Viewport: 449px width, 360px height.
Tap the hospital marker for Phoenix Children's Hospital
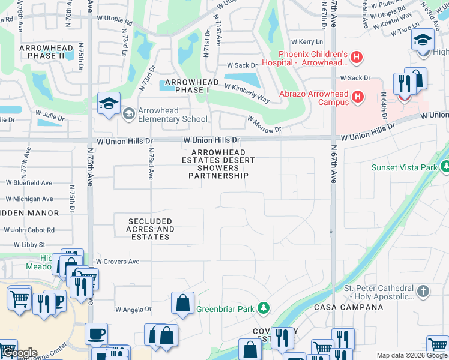point(357,58)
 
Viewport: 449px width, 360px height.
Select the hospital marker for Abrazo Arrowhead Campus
point(358,96)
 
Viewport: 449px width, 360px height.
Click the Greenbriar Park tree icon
point(262,308)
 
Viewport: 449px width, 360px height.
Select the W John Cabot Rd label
point(29,230)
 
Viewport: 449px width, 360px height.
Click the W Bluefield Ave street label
point(29,183)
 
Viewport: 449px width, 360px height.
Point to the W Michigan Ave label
point(29,199)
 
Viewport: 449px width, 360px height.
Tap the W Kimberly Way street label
point(247,91)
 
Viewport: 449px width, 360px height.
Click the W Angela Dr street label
point(133,310)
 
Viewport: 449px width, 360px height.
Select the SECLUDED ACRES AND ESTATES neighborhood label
point(150,229)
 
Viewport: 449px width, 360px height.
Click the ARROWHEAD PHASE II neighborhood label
point(41,52)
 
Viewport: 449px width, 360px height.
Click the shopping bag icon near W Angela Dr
point(182,304)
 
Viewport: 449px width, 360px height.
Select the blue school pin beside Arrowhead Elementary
point(109,104)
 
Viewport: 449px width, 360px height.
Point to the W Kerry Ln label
point(307,42)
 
